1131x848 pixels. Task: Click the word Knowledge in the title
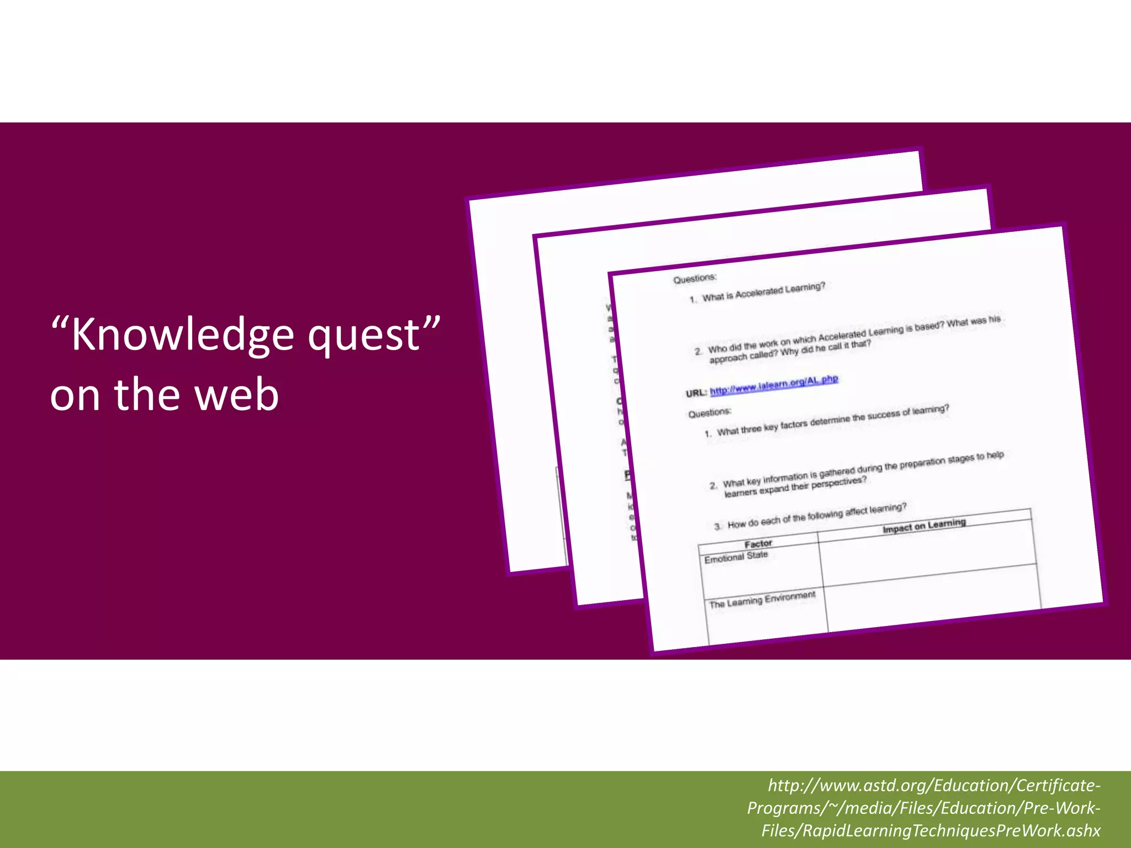(182, 335)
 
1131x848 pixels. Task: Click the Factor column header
(758, 544)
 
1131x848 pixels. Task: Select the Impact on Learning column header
(924, 526)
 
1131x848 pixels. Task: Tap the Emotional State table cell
(736, 557)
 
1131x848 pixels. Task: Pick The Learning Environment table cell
(762, 600)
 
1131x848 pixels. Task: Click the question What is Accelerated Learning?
(763, 292)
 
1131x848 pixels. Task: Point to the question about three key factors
(833, 420)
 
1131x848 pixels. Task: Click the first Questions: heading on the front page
(695, 279)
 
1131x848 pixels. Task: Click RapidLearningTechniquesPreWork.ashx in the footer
(931, 830)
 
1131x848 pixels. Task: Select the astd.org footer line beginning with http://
(934, 785)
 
